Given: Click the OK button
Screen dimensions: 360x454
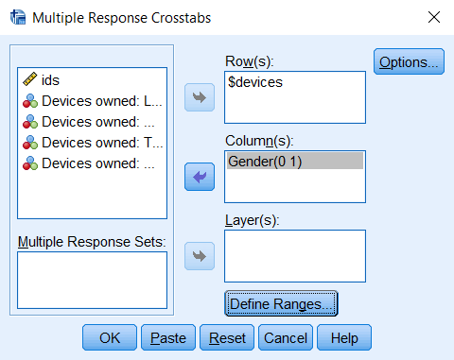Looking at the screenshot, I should tap(110, 337).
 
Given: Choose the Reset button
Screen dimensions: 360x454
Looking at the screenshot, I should tap(227, 337).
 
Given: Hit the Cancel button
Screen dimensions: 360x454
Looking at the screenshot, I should tap(286, 337).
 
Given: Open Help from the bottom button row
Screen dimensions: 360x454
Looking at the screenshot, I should tap(344, 337).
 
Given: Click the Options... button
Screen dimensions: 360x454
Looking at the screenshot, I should tap(409, 63).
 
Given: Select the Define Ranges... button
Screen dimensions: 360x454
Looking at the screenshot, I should tap(281, 304).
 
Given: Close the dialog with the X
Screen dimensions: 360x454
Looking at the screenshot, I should tap(433, 17).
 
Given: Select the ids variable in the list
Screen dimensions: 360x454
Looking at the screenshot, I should tap(51, 80).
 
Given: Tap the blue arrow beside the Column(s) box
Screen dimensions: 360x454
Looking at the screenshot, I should tap(200, 177).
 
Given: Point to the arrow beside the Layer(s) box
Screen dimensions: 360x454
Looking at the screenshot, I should tap(200, 255).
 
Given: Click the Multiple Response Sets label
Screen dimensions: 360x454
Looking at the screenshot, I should tap(92, 241).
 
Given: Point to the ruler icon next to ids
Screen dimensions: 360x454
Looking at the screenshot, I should tap(30, 80).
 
